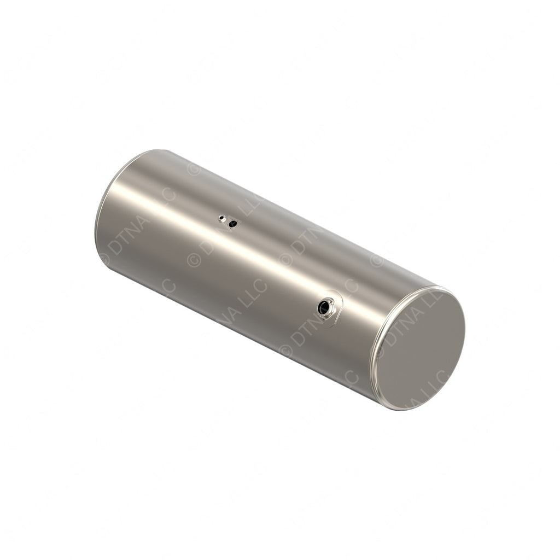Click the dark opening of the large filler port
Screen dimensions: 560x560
coord(324,307)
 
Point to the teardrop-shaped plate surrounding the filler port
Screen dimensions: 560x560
coord(335,312)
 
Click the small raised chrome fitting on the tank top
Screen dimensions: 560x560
coord(222,219)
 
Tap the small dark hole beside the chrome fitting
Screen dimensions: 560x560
coord(232,223)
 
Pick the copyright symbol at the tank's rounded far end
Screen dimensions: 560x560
coord(104,259)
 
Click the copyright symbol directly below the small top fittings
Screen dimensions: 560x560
coord(194,259)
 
